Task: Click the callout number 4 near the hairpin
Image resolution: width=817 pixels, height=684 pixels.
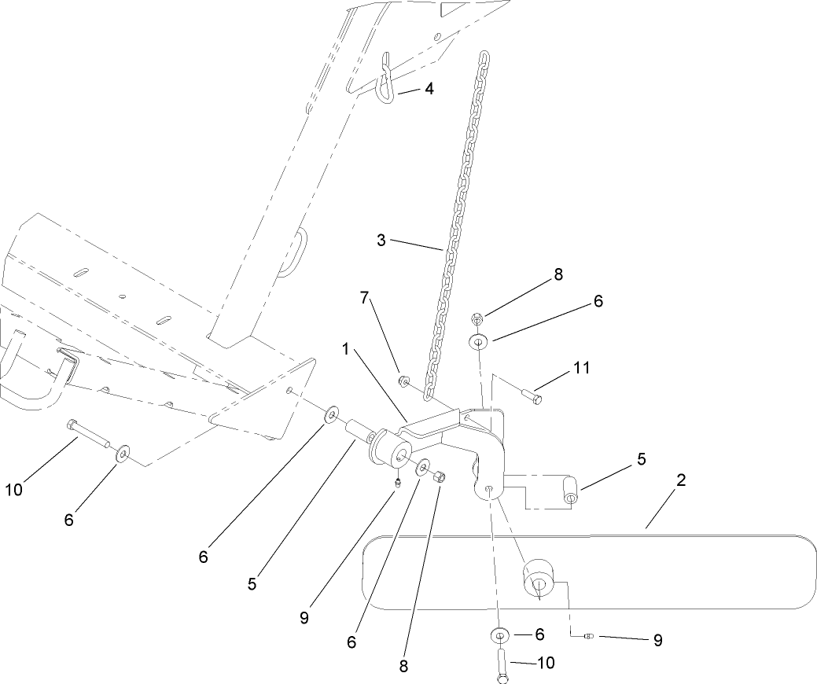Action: [x=429, y=89]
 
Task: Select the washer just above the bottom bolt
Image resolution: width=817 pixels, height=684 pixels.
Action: [x=499, y=634]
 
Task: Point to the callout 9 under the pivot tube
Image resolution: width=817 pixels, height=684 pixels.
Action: [x=304, y=616]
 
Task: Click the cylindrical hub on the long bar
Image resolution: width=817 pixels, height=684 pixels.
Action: [x=539, y=581]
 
